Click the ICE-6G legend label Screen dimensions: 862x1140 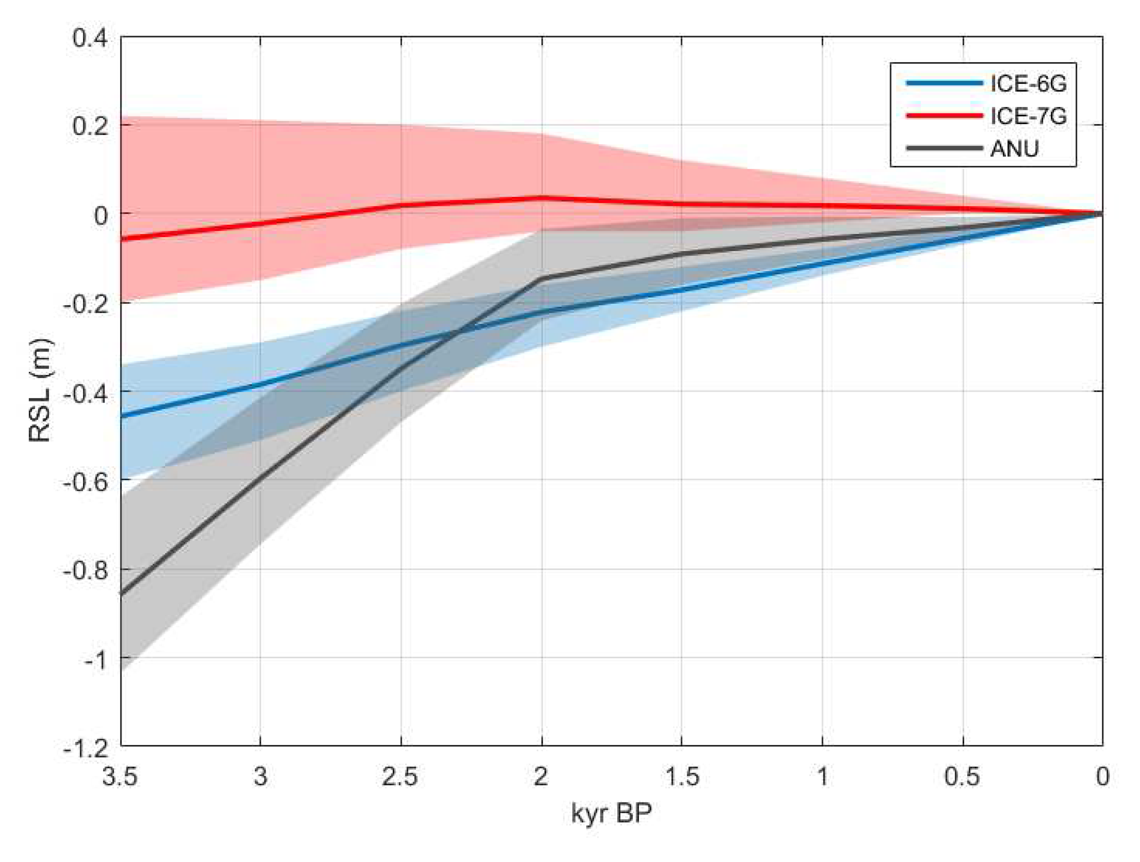tap(1028, 83)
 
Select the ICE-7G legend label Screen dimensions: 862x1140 tap(1028, 116)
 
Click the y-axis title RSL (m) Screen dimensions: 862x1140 tap(40, 390)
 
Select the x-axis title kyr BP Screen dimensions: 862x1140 tap(611, 814)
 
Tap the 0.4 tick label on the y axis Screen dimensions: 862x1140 tap(90, 38)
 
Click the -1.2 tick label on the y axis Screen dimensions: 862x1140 tap(86, 746)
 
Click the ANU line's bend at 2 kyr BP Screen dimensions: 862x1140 tap(542, 279)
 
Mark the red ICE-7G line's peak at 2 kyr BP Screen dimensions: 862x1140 tap(542, 197)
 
